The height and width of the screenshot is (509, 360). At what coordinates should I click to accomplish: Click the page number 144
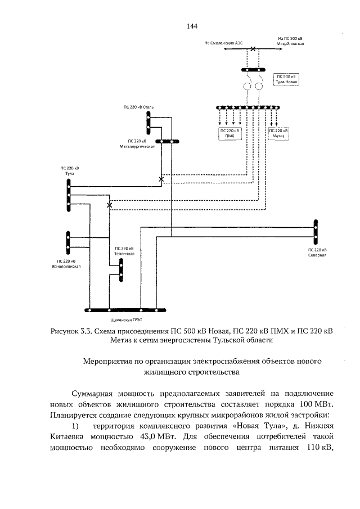tap(191, 26)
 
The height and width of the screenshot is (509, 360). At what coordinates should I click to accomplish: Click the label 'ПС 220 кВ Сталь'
tap(138, 106)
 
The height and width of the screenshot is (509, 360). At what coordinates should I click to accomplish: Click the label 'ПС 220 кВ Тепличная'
tap(124, 251)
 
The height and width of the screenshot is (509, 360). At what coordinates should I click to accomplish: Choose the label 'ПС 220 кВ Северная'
tap(317, 252)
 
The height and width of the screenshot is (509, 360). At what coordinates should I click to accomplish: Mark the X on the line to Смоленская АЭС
tap(253, 49)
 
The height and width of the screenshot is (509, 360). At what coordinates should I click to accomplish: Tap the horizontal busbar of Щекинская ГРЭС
tap(124, 310)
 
